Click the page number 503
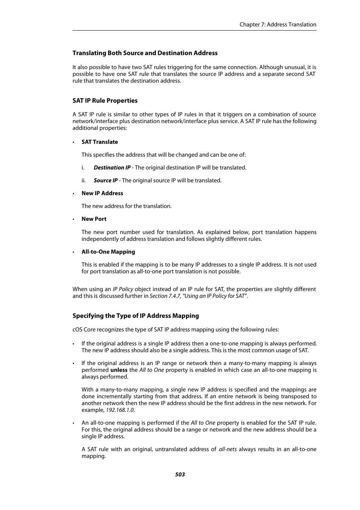(x=180, y=475)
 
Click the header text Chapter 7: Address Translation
(x=278, y=25)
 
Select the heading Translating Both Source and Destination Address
(x=145, y=53)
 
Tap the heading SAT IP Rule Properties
(x=105, y=100)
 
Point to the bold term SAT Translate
(x=100, y=142)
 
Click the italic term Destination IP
(x=112, y=168)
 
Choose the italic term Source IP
(x=106, y=180)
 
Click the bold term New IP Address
(x=102, y=193)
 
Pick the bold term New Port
(x=94, y=219)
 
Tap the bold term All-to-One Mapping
(x=108, y=252)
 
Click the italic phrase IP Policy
(x=123, y=289)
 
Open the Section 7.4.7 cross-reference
(x=198, y=296)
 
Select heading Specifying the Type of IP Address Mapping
(x=135, y=316)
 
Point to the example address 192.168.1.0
(x=120, y=410)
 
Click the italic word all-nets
(x=228, y=449)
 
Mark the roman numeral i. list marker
(x=83, y=168)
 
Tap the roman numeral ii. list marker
(x=83, y=180)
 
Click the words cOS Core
(x=84, y=330)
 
